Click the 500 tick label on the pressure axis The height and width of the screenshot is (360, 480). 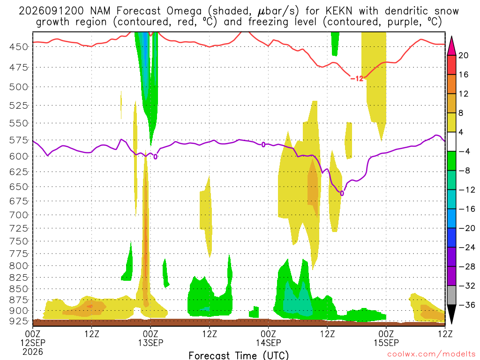(18, 87)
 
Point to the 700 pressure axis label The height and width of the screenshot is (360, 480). (18, 215)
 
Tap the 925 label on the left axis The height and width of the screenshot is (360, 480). (18, 321)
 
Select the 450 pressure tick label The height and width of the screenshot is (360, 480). (18, 47)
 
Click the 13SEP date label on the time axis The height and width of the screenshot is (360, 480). (150, 343)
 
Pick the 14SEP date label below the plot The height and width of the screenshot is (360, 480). (269, 343)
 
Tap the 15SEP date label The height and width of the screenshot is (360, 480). (386, 343)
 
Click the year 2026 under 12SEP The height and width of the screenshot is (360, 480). (33, 352)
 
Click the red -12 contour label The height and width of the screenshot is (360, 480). (357, 79)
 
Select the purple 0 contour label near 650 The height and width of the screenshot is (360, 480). (342, 194)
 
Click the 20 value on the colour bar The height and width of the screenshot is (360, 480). (464, 55)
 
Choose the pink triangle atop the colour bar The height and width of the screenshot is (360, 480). (451, 46)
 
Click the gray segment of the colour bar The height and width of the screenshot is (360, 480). (451, 295)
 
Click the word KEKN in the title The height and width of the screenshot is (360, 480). (339, 11)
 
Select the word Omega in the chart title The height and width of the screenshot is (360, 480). (184, 11)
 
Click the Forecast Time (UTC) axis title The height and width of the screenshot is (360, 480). (239, 355)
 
